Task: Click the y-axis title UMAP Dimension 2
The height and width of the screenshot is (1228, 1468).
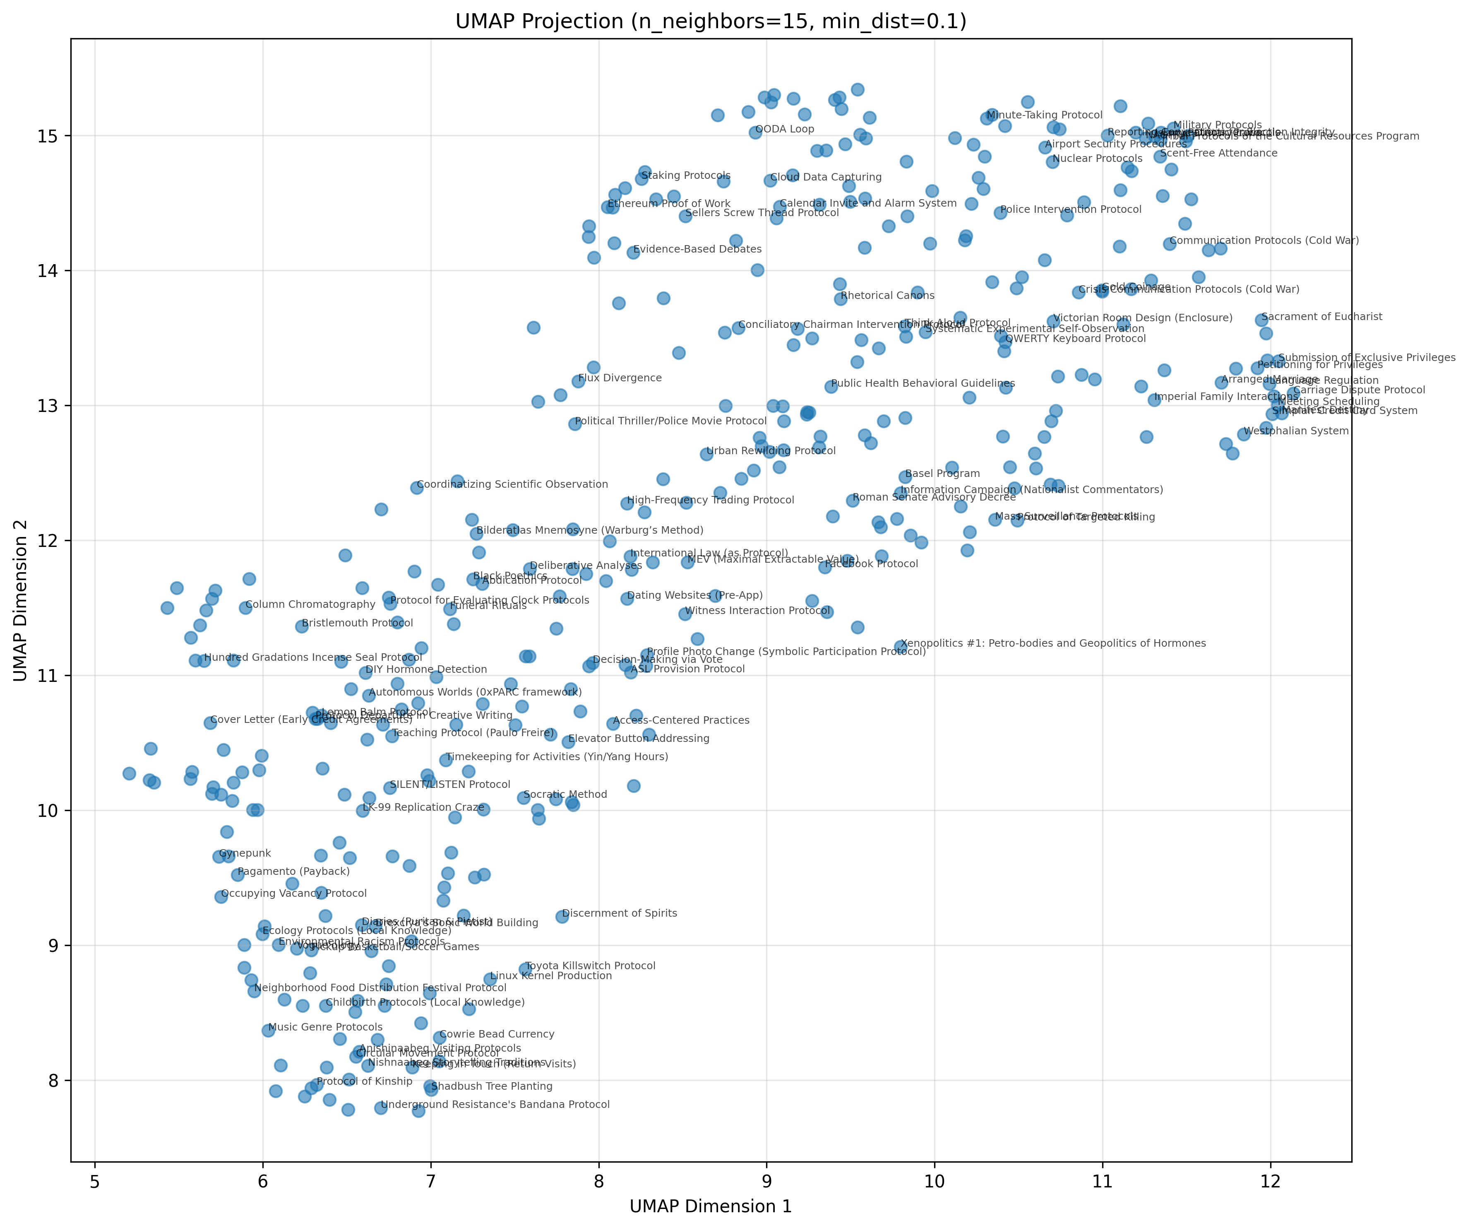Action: (x=21, y=600)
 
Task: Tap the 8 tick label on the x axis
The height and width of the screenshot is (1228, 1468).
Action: (x=598, y=1182)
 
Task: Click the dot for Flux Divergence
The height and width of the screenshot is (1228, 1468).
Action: (x=578, y=381)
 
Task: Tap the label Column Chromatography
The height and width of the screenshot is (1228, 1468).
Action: (x=310, y=604)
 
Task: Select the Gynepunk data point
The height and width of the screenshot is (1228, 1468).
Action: (x=219, y=857)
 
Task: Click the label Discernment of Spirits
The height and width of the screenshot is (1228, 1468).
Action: (x=619, y=913)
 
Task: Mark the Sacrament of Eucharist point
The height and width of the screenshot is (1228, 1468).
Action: (x=1261, y=320)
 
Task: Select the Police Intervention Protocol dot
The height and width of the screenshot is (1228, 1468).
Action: (x=1000, y=212)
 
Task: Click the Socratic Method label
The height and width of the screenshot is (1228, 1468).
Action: (x=565, y=795)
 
